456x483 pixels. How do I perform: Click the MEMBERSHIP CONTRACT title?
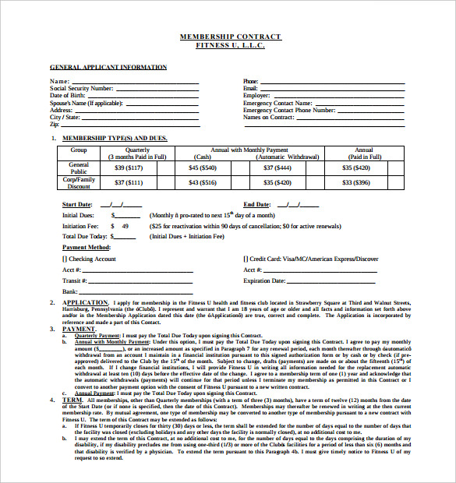[x=231, y=37]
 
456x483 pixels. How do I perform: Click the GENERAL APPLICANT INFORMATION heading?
[x=108, y=67]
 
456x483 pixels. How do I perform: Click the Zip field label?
[x=55, y=125]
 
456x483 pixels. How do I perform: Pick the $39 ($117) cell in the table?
[x=128, y=167]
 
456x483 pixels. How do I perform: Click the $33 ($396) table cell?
[x=363, y=183]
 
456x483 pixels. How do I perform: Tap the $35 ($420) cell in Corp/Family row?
[x=277, y=183]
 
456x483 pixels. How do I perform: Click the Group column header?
[x=79, y=150]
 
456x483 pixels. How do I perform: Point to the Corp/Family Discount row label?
[x=79, y=183]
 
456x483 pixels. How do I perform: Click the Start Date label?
[x=77, y=205]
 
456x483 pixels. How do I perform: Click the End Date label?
[x=256, y=205]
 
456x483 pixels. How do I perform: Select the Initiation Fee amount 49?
[x=125, y=226]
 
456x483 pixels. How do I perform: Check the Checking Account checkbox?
[x=65, y=259]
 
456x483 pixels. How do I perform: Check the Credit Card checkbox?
[x=246, y=259]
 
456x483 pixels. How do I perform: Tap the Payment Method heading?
[x=86, y=247]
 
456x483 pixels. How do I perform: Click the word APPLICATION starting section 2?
[x=85, y=302]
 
